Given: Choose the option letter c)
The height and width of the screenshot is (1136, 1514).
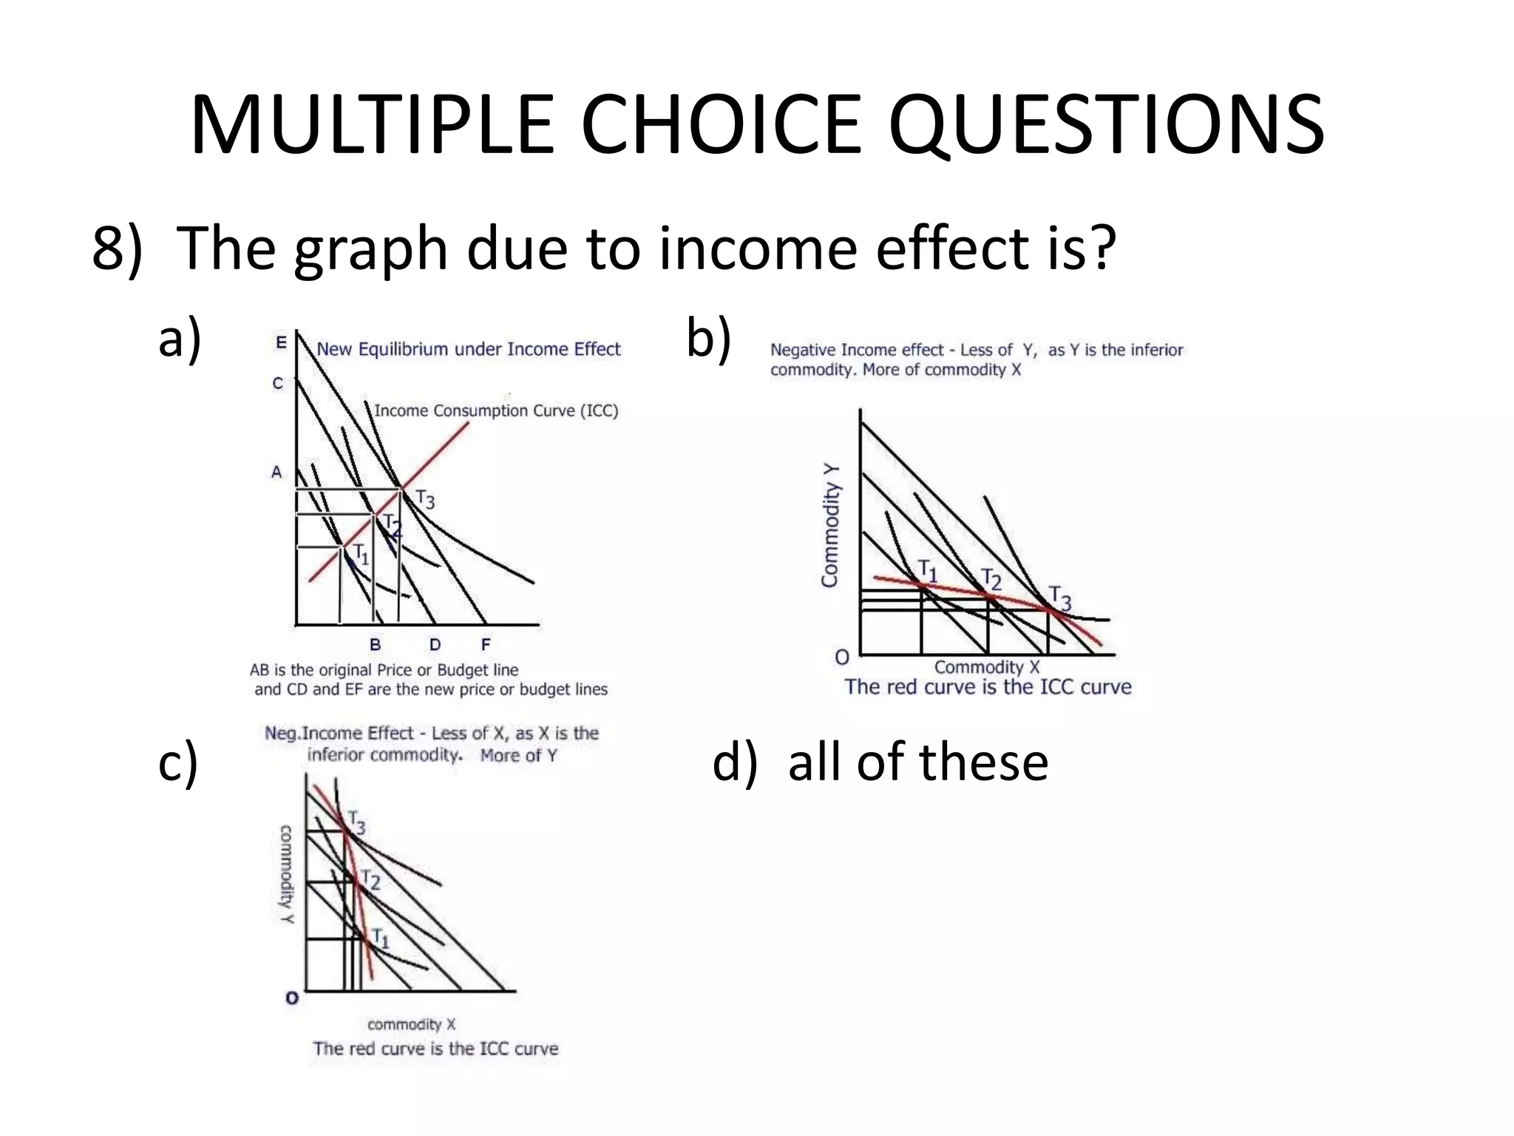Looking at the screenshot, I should [178, 762].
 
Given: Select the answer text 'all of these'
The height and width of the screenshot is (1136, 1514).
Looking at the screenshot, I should [918, 762].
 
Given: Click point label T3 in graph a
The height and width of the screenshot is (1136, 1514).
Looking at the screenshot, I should [425, 499].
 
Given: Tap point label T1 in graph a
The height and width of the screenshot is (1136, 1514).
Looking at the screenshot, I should [360, 553].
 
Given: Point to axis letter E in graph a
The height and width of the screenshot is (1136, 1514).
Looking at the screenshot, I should [281, 343].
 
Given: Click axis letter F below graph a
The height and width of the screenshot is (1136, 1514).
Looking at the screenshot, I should [486, 645].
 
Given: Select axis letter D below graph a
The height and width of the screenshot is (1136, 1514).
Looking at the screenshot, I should [435, 645].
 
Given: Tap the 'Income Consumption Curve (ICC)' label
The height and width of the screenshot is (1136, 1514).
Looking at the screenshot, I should [496, 410].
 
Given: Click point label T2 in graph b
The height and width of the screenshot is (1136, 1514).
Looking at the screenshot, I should [991, 578].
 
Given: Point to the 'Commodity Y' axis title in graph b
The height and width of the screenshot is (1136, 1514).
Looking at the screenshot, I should [831, 525].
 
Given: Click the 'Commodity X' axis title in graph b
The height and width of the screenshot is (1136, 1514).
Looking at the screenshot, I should [986, 667].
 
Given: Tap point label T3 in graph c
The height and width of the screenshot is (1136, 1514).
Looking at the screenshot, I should [356, 822].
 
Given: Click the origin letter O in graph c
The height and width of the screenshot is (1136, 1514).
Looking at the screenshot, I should [292, 998].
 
